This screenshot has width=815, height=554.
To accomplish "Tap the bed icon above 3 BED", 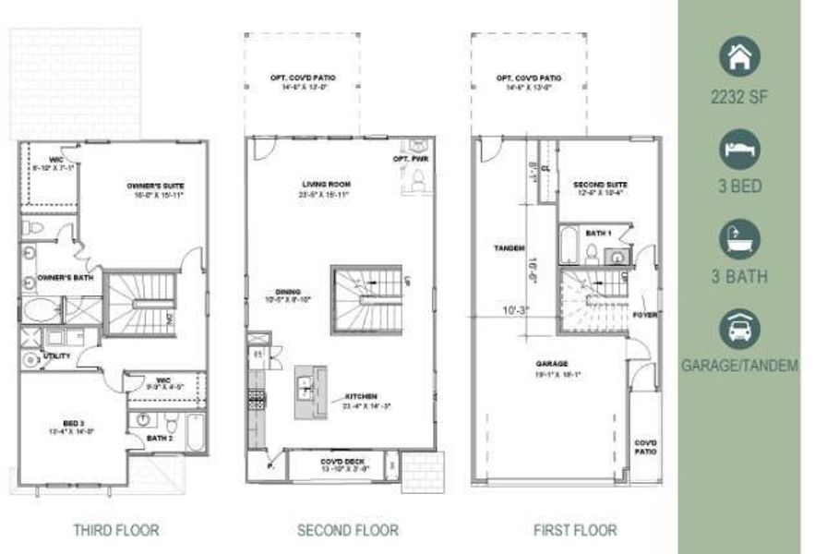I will (x=739, y=147).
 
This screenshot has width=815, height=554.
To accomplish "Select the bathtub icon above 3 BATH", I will (x=739, y=237).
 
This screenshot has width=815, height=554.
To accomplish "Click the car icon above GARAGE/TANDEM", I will (x=739, y=327).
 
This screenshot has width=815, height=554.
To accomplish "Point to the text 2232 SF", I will (x=739, y=95).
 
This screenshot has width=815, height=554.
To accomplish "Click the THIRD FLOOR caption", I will (x=115, y=530).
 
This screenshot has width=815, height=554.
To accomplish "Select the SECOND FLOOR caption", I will (x=348, y=530).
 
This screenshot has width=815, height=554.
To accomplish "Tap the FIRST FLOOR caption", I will (x=575, y=530).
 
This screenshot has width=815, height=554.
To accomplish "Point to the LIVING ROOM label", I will (x=325, y=185).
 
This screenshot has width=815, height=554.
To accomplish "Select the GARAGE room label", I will (x=554, y=364).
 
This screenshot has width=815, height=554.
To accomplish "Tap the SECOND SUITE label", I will (x=600, y=183).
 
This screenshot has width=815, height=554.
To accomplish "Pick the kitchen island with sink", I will (x=311, y=391).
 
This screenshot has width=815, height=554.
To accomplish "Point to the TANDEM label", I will (x=509, y=248).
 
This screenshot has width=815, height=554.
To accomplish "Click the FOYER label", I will (x=643, y=314).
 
